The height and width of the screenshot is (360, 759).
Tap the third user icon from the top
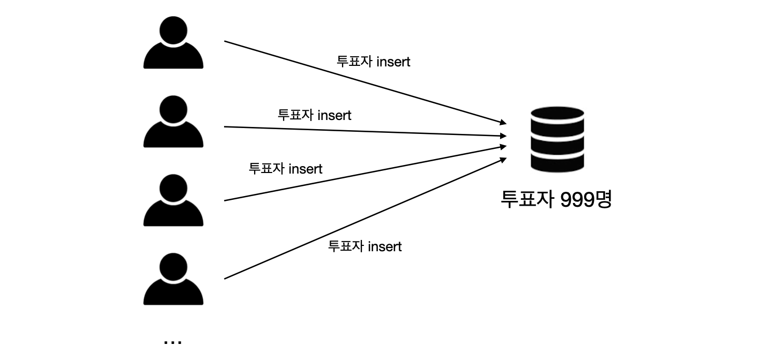[173, 200]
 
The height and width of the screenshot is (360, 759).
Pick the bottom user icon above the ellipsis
[173, 279]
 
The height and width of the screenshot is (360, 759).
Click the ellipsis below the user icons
[173, 341]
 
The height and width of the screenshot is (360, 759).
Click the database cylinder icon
[557, 139]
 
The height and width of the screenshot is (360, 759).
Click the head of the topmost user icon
[173, 30]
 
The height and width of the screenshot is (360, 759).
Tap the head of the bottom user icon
[173, 266]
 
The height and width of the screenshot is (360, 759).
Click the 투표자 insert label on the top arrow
[373, 62]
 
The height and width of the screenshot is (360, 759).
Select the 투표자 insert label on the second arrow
[314, 115]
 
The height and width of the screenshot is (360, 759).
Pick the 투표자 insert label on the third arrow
[285, 169]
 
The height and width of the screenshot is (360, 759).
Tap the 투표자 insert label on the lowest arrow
[364, 246]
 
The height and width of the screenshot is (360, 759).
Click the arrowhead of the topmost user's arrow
[503, 123]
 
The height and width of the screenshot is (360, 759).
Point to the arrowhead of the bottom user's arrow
[503, 159]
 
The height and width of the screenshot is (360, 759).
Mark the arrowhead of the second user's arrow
[503, 136]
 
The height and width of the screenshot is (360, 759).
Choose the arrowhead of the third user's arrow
[503, 146]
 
